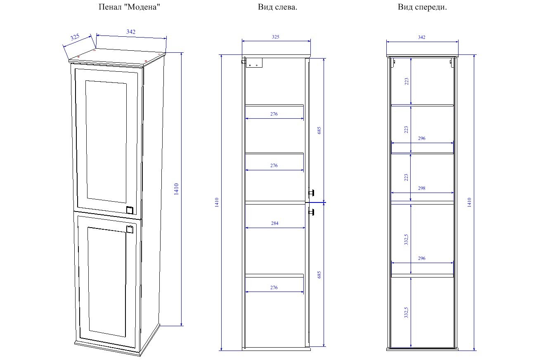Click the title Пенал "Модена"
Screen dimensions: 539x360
(x=129, y=7)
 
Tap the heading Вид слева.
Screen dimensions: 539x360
(x=277, y=7)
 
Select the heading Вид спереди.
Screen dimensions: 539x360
(x=422, y=7)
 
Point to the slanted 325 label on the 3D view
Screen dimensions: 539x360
(x=75, y=37)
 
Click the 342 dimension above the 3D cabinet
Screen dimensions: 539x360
(x=131, y=32)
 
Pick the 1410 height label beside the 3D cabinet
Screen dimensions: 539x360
(x=176, y=189)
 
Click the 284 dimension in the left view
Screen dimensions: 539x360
(x=274, y=223)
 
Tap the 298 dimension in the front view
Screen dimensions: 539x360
(x=421, y=188)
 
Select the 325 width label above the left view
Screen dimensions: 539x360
(x=276, y=37)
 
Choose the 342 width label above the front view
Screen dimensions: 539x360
(x=421, y=37)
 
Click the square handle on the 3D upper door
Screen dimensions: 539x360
(x=130, y=210)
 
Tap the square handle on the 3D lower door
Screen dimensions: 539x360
(x=130, y=229)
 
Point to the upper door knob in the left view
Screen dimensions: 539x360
(x=312, y=193)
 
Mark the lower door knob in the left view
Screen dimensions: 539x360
(x=312, y=212)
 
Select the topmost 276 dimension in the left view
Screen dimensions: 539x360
(x=274, y=114)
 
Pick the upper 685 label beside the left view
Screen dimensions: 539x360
(x=319, y=130)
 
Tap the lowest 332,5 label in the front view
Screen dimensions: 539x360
(x=406, y=313)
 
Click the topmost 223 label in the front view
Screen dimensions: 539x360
(x=406, y=81)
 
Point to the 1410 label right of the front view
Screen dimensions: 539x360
(x=469, y=202)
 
